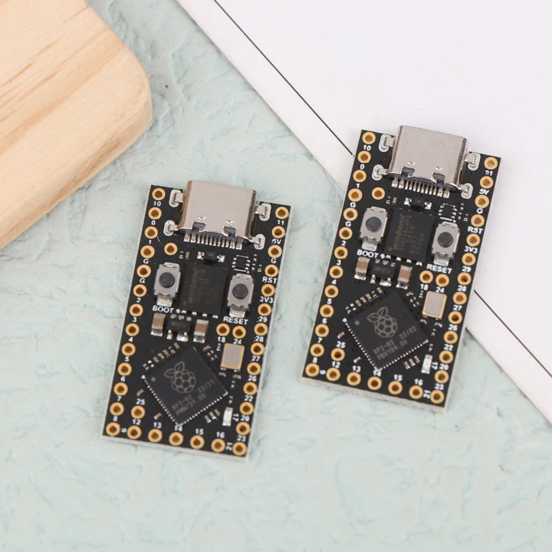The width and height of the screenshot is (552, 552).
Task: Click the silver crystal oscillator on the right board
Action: (x=434, y=304)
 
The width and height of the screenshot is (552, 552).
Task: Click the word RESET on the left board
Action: (x=236, y=321)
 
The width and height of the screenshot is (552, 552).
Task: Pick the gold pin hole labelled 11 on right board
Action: (x=491, y=164)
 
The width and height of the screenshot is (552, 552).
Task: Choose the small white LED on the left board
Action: (x=228, y=415)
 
